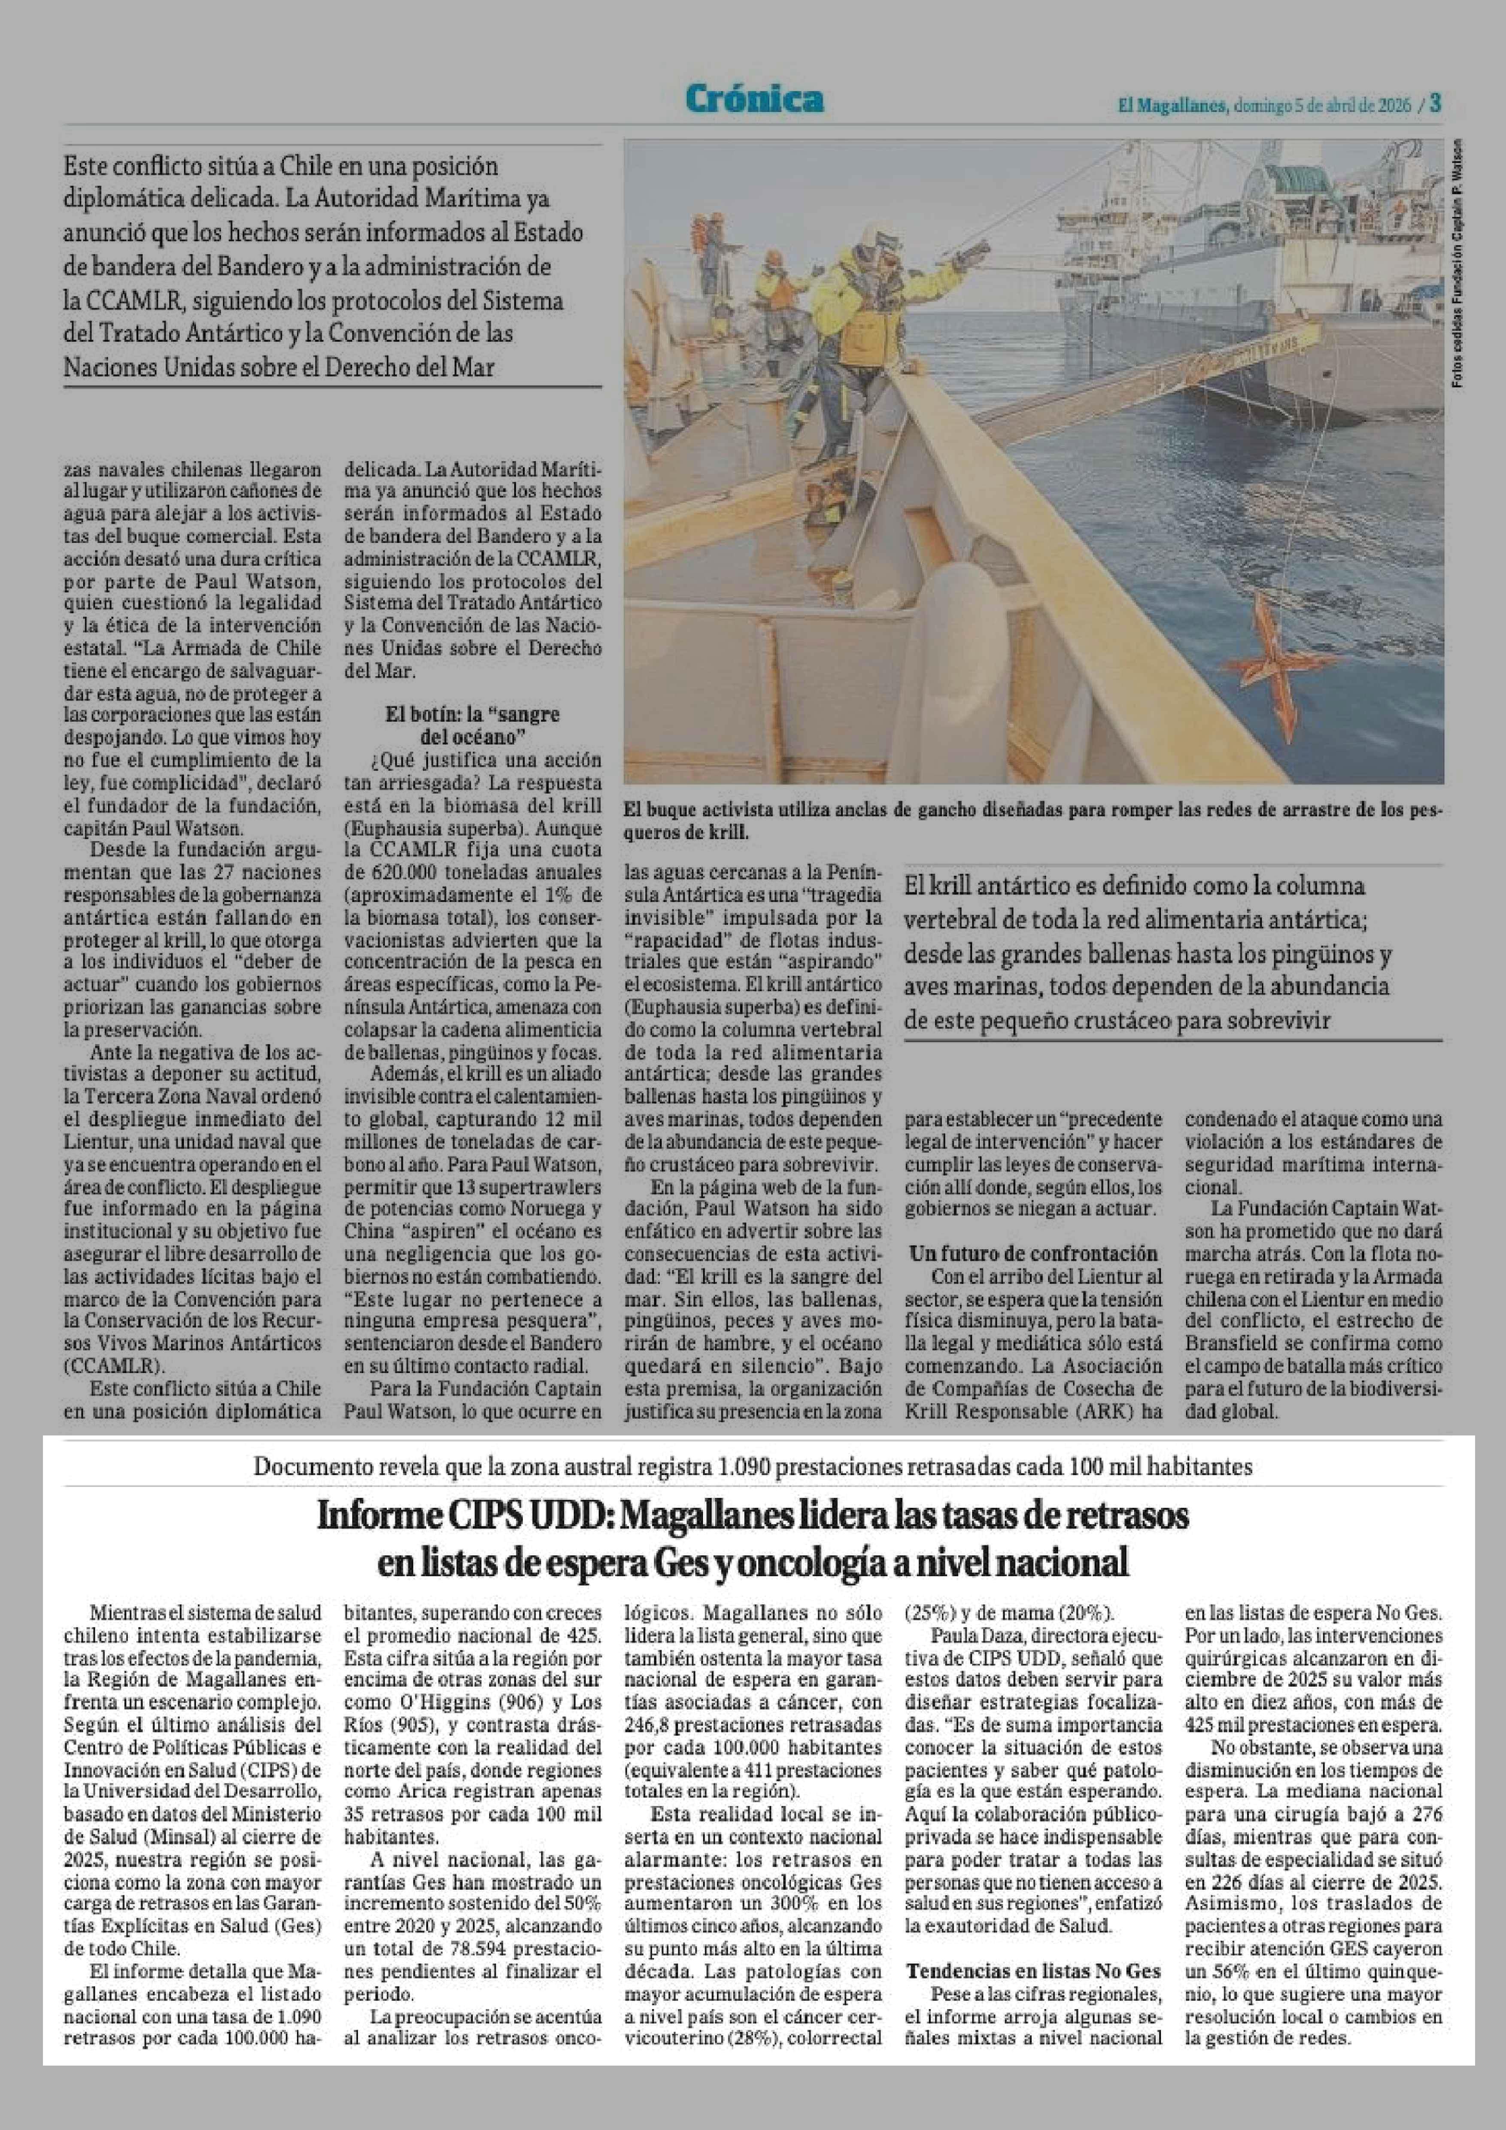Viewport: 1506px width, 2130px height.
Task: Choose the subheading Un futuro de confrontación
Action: click(1033, 1253)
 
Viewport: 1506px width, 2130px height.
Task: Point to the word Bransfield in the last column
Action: click(1230, 1343)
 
